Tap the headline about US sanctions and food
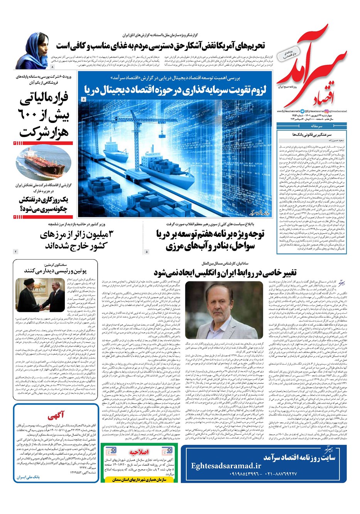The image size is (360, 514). [x=160, y=46]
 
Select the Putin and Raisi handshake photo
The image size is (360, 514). [x=40, y=295]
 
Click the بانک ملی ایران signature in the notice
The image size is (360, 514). [x=28, y=477]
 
